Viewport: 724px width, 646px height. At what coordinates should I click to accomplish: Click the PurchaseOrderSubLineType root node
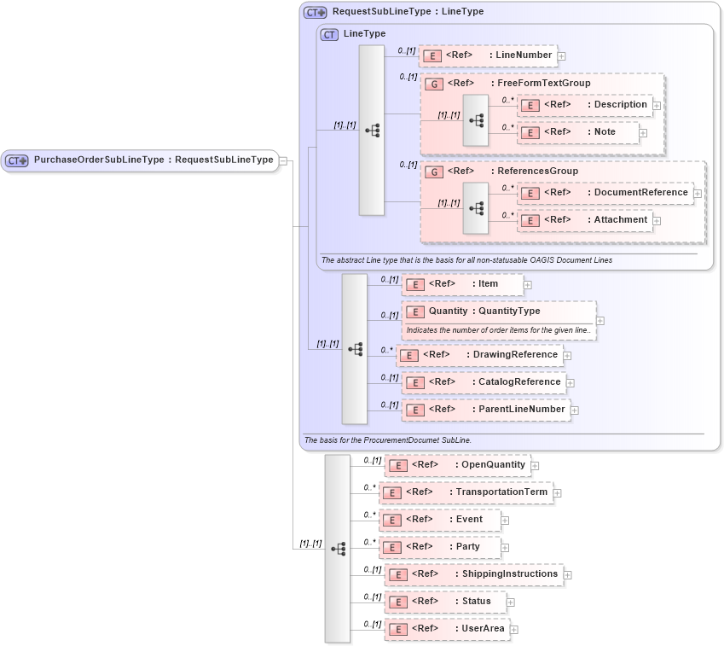pos(141,160)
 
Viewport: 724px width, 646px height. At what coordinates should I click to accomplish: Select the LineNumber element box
pos(488,55)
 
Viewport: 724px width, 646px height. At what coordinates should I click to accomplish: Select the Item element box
pos(461,284)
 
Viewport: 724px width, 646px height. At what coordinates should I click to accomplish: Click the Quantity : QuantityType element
pos(498,311)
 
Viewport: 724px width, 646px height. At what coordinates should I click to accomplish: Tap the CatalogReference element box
pos(484,382)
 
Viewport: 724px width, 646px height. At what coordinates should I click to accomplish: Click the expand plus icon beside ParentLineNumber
pos(576,410)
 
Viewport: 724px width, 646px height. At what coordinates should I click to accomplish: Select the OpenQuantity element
pos(457,465)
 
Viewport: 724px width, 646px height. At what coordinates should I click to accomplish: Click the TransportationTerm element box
pos(466,492)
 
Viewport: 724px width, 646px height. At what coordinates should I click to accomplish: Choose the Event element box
pos(439,520)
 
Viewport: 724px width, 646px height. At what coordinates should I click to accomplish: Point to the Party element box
pos(439,547)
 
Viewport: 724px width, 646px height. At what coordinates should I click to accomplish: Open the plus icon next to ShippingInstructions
pos(568,575)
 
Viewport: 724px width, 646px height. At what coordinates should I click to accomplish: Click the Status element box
pos(444,602)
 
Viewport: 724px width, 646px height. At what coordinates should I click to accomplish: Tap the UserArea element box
pos(447,629)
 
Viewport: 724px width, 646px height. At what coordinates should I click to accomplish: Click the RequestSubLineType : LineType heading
pos(408,12)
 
